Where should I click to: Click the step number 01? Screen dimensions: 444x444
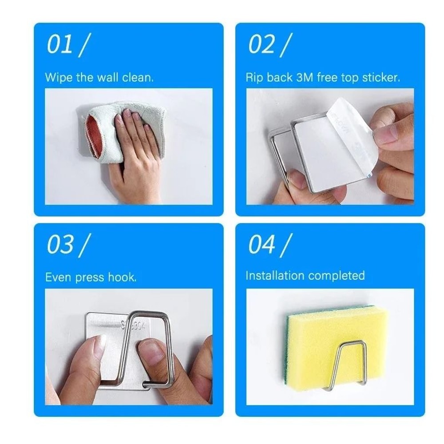(60, 45)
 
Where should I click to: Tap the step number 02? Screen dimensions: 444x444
(262, 45)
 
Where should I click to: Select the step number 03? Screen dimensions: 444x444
(60, 245)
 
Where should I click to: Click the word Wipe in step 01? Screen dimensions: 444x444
(59, 78)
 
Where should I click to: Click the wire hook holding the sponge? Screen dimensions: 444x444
(349, 364)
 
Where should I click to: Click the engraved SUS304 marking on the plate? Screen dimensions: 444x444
(133, 325)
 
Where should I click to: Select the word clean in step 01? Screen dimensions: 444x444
(138, 78)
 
